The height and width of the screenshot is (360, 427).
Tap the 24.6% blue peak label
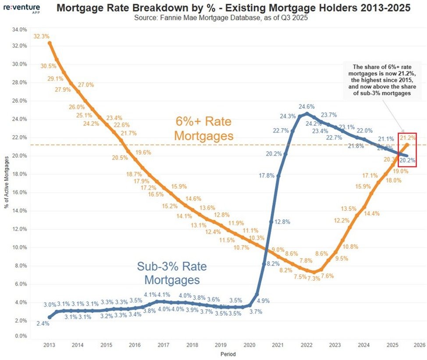(307, 107)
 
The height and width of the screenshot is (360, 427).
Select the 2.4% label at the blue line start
(43, 324)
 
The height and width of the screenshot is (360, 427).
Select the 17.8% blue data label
(267, 175)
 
